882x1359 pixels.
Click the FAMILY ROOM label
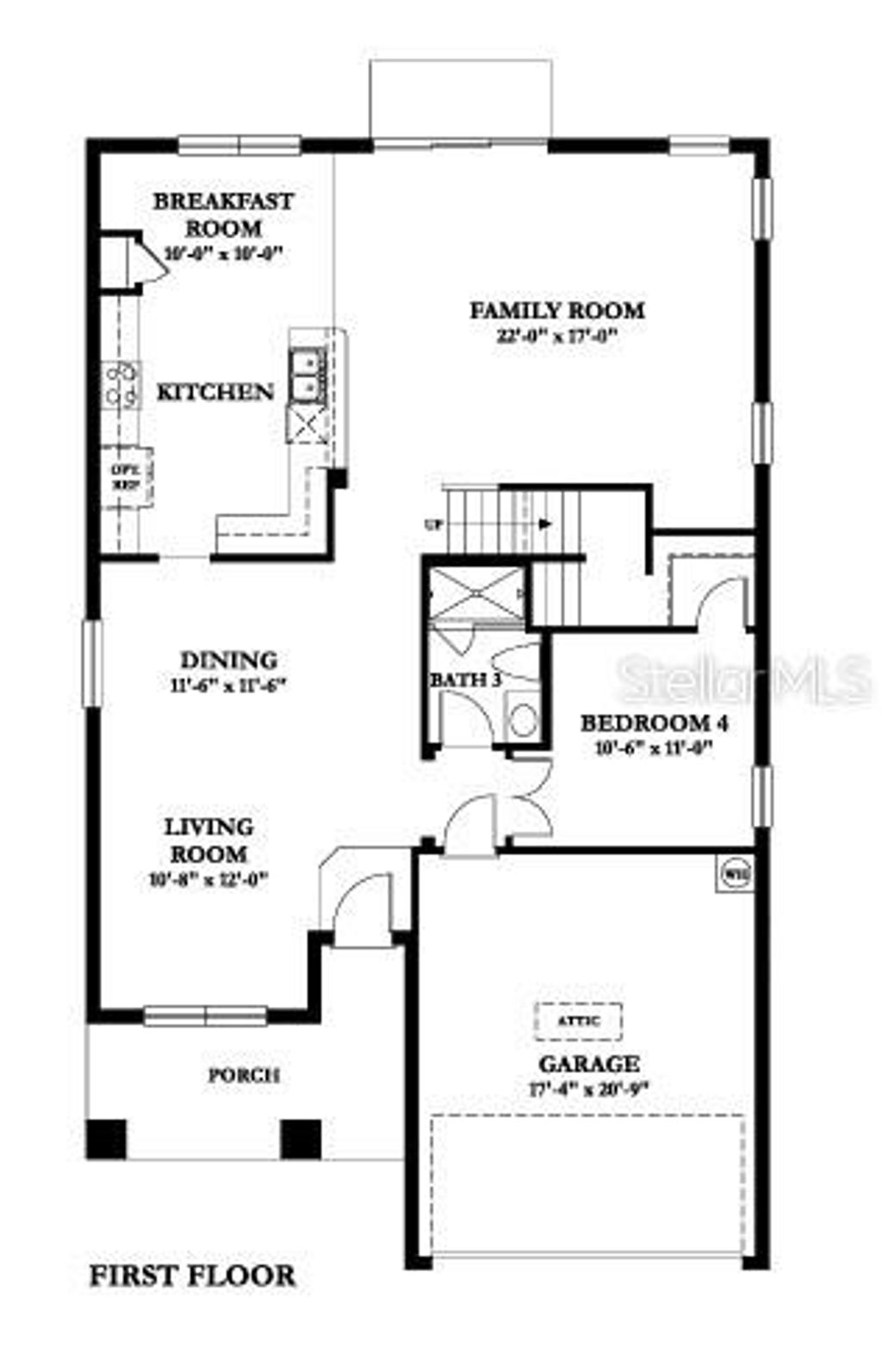(556, 310)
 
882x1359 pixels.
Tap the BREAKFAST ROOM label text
(222, 214)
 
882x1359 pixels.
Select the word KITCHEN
(214, 392)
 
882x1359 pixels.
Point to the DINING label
(229, 661)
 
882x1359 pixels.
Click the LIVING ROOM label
(209, 841)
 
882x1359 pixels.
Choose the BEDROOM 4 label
(655, 723)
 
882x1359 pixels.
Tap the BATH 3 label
(466, 679)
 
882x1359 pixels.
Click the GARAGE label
(589, 1064)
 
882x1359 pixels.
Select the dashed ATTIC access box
(578, 1021)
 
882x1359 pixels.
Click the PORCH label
(245, 1076)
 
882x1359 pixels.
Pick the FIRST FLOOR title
(192, 1275)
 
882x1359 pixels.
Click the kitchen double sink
(307, 375)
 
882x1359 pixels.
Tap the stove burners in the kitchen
(121, 384)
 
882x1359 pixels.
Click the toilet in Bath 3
(523, 718)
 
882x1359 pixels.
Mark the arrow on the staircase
(544, 523)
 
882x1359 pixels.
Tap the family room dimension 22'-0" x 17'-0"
(556, 336)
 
